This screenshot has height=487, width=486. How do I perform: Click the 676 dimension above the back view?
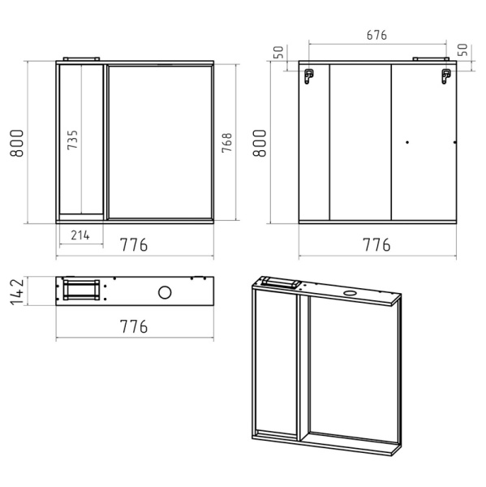376,35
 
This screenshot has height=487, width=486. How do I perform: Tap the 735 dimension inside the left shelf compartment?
73,140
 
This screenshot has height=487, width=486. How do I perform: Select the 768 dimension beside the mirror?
227,143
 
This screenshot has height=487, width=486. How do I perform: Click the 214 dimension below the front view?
80,235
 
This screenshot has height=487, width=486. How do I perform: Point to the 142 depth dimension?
17,292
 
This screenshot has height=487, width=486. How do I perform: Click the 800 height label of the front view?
17,143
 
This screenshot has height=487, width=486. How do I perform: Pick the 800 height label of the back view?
260,143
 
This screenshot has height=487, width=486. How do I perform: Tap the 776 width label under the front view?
134,245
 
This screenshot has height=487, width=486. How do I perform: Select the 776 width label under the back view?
376,245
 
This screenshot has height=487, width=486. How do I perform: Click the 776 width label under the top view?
134,326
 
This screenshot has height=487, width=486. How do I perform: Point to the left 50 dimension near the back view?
278,52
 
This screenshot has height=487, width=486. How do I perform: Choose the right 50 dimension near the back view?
462,50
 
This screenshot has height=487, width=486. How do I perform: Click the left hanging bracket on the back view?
309,76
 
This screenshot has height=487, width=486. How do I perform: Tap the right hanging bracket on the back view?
446,76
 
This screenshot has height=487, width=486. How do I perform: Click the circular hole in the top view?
165,292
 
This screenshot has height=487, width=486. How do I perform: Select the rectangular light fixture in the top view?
81,290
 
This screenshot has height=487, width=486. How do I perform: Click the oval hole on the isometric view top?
351,292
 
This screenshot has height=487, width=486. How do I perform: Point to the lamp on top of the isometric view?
281,282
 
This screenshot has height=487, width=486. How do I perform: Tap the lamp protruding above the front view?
81,58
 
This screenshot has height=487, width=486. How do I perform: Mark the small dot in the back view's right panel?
407,142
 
